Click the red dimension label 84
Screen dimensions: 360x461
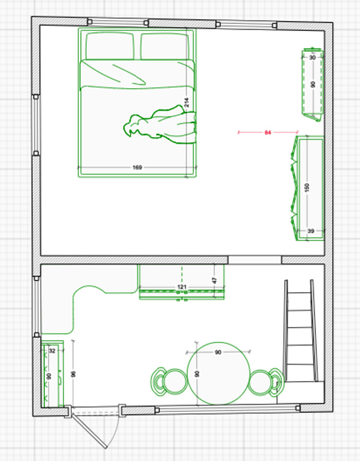pyautogui.click(x=268, y=133)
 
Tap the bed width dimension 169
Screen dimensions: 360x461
pyautogui.click(x=137, y=167)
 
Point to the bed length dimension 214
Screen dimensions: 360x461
pyautogui.click(x=186, y=102)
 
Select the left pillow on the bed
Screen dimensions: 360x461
pyautogui.click(x=110, y=46)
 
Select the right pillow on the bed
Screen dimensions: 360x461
pyautogui.click(x=164, y=46)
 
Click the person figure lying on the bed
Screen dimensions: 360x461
pyautogui.click(x=160, y=125)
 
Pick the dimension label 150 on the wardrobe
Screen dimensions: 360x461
pyautogui.click(x=307, y=187)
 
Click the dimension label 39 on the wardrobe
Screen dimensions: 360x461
pyautogui.click(x=311, y=231)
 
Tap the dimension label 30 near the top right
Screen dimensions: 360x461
pyautogui.click(x=313, y=57)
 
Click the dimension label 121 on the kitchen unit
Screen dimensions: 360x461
pyautogui.click(x=182, y=287)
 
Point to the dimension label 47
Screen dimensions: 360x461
pyautogui.click(x=215, y=280)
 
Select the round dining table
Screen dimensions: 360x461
pyautogui.click(x=219, y=373)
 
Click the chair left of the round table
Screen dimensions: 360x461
pyautogui.click(x=169, y=381)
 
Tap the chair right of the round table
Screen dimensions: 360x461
pyautogui.click(x=266, y=382)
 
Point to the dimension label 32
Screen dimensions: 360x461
pyautogui.click(x=52, y=351)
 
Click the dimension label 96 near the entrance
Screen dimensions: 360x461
pyautogui.click(x=73, y=374)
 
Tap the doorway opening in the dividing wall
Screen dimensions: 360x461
pyautogui.click(x=255, y=260)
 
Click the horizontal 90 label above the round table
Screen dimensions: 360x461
pyautogui.click(x=218, y=352)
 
